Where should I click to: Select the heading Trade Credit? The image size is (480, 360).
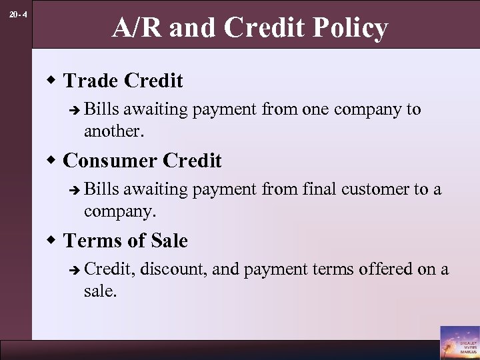(123, 81)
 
